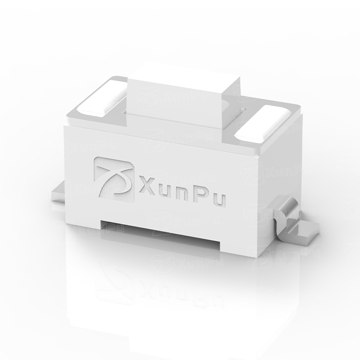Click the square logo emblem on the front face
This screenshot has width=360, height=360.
(114, 179)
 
